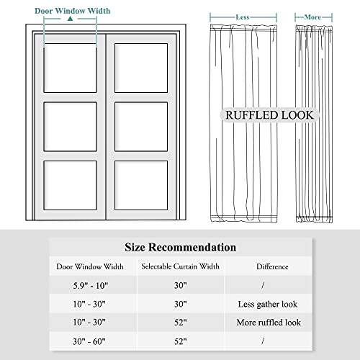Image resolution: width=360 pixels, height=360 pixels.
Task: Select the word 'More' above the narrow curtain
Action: pos(312,15)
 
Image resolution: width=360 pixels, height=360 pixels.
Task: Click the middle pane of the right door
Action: pos(141,126)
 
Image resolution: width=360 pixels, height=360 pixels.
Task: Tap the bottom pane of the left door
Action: pos(71,184)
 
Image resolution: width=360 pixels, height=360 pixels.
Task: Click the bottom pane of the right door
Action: pos(141,184)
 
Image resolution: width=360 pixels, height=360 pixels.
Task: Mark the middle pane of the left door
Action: pos(71,126)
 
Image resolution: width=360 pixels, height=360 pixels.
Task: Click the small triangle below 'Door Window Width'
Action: pos(70,21)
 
